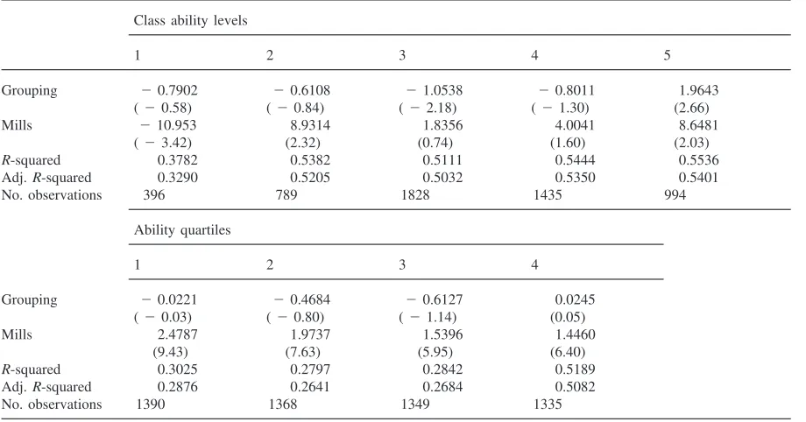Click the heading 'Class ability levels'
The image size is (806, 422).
pos(190,20)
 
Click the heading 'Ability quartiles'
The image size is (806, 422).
pos(182,229)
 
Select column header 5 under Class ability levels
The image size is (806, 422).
pos(667,55)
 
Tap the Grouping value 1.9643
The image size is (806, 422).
pos(698,90)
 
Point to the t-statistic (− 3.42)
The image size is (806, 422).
pos(162,143)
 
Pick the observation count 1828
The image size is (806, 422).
pos(414,195)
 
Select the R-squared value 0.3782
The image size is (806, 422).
pos(177,160)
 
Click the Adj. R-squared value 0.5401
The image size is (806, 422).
pos(698,178)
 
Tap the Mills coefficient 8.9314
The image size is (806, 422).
pos(310,125)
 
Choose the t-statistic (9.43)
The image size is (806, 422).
pos(170,352)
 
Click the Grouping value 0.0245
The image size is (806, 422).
pos(575,299)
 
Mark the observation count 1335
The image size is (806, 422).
pos(548,404)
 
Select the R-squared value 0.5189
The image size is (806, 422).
pos(575,369)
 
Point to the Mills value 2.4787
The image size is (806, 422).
pos(177,334)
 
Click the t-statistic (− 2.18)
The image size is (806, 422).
pos(428,108)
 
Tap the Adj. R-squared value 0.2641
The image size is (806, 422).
pos(310,387)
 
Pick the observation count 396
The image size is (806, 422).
pos(153,195)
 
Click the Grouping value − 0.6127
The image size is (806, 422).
pos(435,299)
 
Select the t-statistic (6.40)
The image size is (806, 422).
pos(568,352)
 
